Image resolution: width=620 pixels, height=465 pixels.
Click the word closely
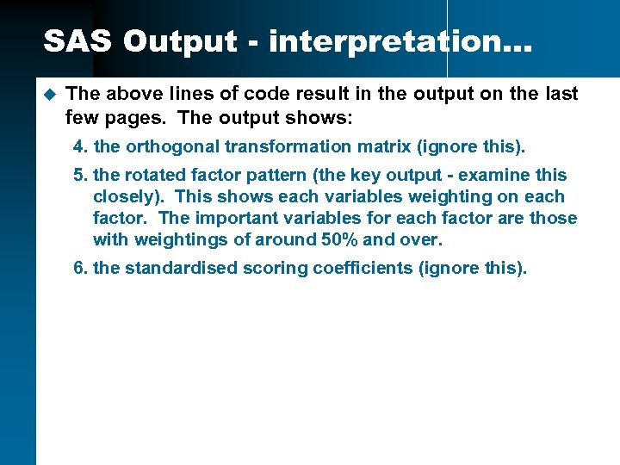coord(123,196)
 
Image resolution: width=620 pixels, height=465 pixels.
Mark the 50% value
coord(338,239)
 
